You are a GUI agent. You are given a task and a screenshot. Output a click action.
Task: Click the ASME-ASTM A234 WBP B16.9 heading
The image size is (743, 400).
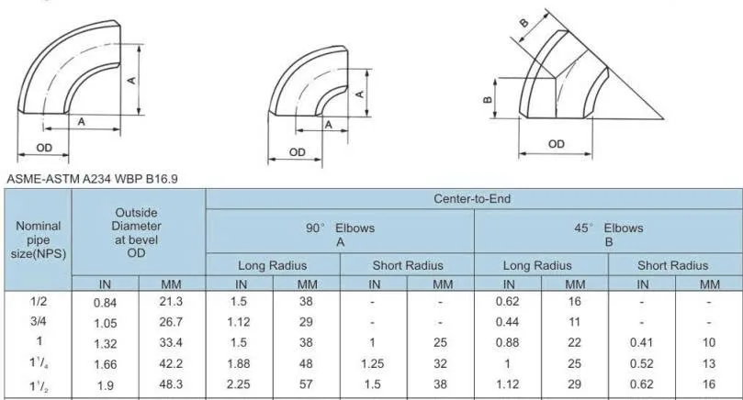93,179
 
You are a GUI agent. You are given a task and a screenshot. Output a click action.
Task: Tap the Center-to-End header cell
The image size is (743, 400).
472,199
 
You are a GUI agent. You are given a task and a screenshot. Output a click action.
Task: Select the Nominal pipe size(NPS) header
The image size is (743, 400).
39,239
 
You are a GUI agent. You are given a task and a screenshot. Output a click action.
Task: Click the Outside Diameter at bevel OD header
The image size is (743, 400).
137,232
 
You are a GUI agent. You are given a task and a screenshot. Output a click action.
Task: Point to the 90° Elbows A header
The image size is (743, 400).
340,235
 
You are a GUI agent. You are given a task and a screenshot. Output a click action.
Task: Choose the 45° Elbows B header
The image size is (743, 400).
608,235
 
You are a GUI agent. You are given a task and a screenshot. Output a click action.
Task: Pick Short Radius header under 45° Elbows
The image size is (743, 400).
673,265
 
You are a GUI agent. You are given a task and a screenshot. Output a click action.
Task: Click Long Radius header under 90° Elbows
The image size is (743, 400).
273,265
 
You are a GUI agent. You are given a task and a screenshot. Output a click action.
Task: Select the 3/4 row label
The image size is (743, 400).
39,321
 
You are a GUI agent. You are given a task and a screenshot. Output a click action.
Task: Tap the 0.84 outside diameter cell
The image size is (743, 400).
105,303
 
